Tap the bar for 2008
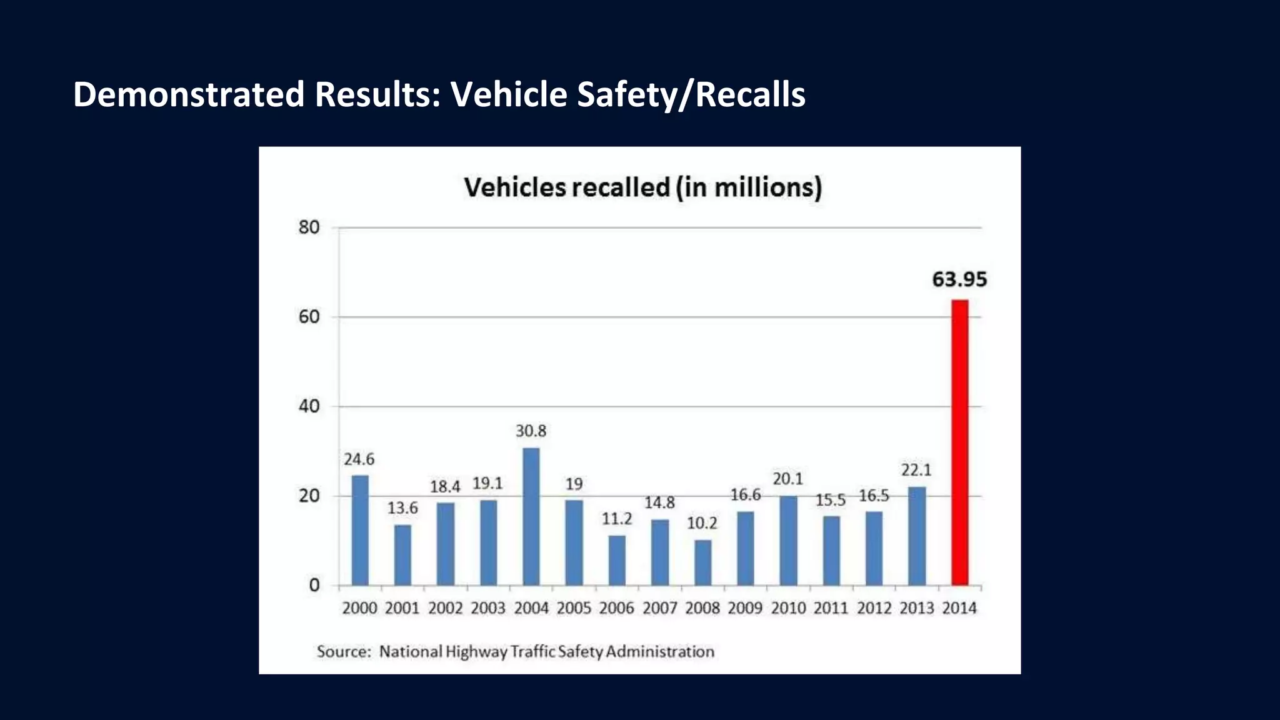(x=702, y=562)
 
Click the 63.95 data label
(x=959, y=279)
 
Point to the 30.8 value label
(x=531, y=431)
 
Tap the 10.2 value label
(x=702, y=523)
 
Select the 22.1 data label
(x=916, y=470)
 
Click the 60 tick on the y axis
(x=309, y=317)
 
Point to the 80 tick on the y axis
(x=309, y=227)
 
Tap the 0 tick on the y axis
(x=314, y=586)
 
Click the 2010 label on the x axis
(x=787, y=608)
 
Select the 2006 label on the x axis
(x=616, y=608)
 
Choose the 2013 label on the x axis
(x=916, y=608)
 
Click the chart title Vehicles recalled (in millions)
(x=642, y=187)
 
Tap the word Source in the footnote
(x=343, y=652)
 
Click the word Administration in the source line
(x=659, y=652)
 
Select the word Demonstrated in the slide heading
(x=188, y=94)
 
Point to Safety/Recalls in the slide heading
(x=691, y=94)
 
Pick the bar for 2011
(x=831, y=551)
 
